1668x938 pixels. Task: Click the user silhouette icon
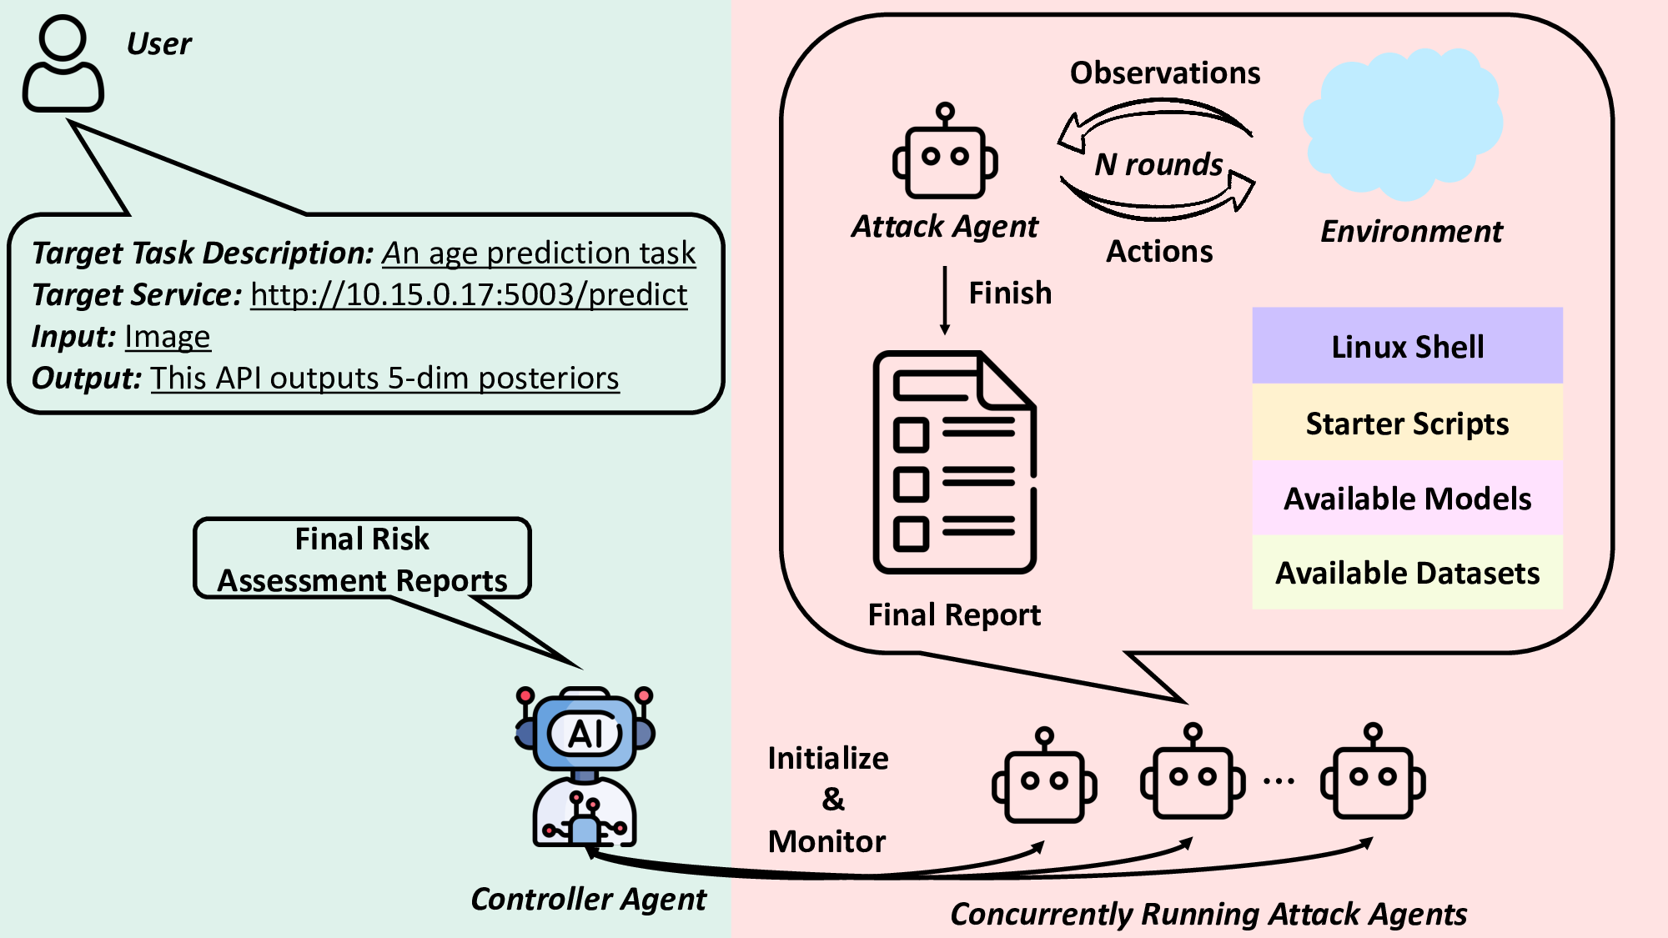[x=63, y=64]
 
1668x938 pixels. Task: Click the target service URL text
[x=469, y=295]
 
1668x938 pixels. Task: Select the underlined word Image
[x=168, y=337]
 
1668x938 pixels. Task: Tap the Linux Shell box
[x=1407, y=346]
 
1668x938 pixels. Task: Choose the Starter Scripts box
[x=1407, y=424]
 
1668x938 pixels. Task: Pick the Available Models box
[x=1407, y=499]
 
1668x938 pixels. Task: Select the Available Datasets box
[x=1407, y=573]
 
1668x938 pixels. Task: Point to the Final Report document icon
[x=954, y=462]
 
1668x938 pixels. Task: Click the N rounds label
[x=1158, y=164]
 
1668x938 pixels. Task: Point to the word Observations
[x=1165, y=73]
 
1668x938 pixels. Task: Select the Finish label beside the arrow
[x=1010, y=293]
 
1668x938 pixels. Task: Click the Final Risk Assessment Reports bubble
[x=362, y=559]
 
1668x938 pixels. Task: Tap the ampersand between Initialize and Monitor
[x=832, y=799]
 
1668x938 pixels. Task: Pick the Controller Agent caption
[x=588, y=899]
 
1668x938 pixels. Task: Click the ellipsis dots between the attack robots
[x=1278, y=781]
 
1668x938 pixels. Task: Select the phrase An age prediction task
[x=539, y=253]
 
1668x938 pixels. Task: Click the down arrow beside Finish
[x=945, y=300]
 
